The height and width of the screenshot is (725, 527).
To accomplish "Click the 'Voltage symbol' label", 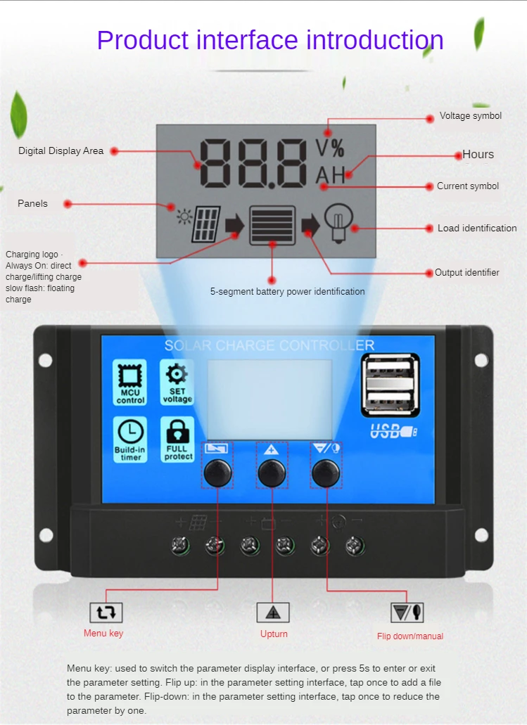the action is click(470, 116).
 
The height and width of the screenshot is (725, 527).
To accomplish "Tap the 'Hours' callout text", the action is click(478, 155).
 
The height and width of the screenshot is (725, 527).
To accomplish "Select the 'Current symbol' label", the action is click(467, 186).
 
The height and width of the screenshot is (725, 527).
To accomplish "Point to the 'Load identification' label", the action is click(476, 228).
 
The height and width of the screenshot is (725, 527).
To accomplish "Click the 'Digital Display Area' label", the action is click(61, 150).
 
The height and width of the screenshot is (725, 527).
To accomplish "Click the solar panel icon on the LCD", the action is click(207, 224).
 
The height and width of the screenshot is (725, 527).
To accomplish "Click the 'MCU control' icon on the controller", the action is click(130, 382).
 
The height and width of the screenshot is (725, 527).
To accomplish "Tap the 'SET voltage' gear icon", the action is click(177, 382).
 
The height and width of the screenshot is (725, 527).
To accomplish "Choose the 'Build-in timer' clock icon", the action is click(130, 440).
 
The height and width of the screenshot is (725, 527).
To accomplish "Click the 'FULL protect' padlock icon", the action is click(177, 440).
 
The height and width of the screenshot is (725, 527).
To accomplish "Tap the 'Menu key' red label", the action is click(103, 633).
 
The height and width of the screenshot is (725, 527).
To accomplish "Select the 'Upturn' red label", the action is click(274, 634).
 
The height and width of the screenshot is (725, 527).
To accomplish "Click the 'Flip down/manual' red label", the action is click(409, 636).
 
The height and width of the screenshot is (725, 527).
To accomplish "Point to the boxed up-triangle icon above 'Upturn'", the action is click(273, 612).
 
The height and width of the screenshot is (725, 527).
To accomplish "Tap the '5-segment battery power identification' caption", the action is click(287, 291).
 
